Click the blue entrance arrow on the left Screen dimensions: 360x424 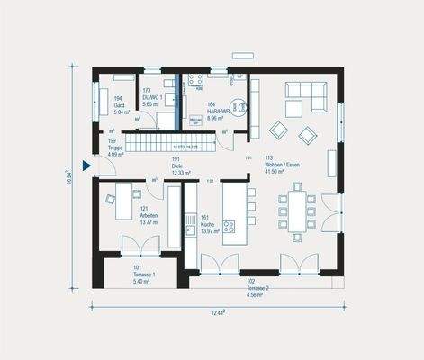pos(86,166)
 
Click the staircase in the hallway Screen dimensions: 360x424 pos(170,142)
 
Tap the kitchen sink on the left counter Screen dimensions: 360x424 pos(190,229)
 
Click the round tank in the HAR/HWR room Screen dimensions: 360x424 pos(236,106)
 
